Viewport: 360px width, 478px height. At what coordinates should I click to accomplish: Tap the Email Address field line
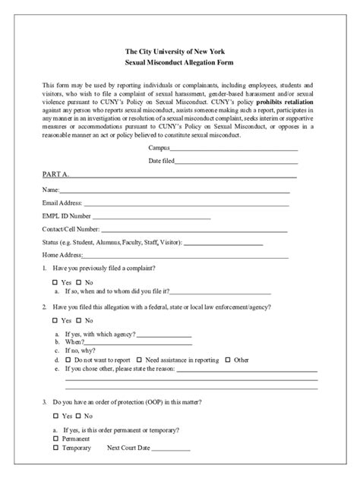[x=186, y=204]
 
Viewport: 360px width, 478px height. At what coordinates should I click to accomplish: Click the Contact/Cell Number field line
[x=194, y=230]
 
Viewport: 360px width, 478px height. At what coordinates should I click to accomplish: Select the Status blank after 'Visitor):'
[x=223, y=243]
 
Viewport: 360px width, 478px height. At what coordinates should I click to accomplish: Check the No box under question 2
[x=78, y=320]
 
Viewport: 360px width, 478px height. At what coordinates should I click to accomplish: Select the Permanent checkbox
[x=56, y=439]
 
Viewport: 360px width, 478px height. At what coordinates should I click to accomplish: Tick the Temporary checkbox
[x=56, y=448]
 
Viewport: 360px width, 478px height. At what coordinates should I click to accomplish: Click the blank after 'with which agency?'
[x=164, y=335]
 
